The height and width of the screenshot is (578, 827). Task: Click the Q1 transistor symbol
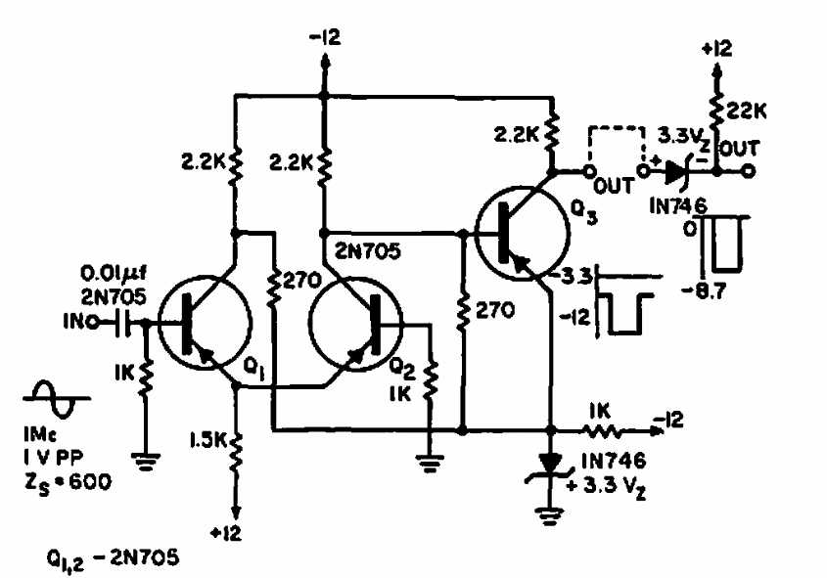[x=206, y=323]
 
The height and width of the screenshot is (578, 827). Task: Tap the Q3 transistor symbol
[x=523, y=233]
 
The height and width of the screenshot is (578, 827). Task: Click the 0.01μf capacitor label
[x=114, y=274]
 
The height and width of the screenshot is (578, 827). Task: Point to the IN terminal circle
[x=92, y=322]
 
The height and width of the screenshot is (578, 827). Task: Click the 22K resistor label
[x=747, y=111]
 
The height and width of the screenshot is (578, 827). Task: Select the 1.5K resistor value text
[x=208, y=439]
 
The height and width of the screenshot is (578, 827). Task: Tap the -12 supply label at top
[x=326, y=37]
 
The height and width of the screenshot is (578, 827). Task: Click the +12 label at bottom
[x=226, y=534]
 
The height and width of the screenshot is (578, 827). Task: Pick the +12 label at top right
[x=717, y=49]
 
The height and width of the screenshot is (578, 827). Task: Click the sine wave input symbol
[x=56, y=399]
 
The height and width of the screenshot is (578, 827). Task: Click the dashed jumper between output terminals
[x=616, y=127]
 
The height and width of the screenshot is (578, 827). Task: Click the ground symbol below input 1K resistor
[x=146, y=461]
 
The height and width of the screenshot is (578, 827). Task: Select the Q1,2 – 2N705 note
[x=113, y=558]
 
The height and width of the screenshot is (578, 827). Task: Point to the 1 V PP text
[x=53, y=458]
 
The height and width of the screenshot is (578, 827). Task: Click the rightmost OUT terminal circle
[x=749, y=171]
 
